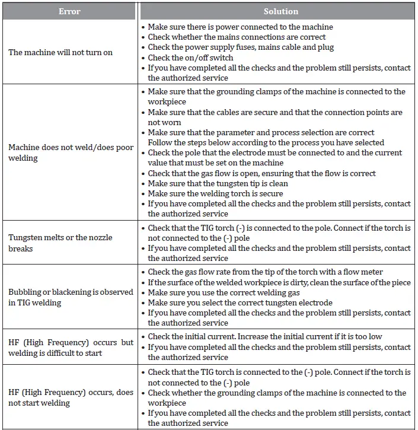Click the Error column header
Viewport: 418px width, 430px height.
tap(69, 11)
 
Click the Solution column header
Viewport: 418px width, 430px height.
tap(280, 11)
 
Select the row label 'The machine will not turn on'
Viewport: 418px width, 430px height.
tap(60, 52)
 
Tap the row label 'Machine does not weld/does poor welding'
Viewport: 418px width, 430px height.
tap(71, 152)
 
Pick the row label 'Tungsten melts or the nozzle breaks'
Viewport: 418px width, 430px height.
tap(60, 243)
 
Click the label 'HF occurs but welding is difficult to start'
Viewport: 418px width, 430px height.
tap(71, 348)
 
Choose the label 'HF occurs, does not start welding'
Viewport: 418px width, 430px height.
tap(71, 397)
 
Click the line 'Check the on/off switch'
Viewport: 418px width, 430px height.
tap(190, 58)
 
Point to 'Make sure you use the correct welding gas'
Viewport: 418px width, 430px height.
tap(224, 292)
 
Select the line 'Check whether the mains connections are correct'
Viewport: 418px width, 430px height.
tap(237, 37)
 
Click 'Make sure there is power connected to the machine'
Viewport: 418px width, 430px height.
tap(240, 27)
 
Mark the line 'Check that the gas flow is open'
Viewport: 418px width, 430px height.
tap(261, 173)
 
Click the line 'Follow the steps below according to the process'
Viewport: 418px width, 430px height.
tap(266, 142)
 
